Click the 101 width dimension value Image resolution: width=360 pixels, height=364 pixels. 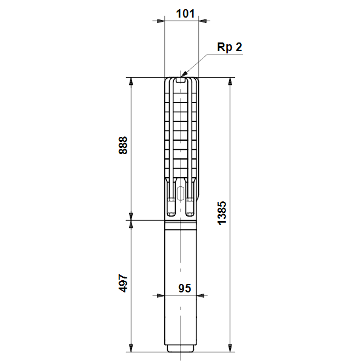(x=185, y=14)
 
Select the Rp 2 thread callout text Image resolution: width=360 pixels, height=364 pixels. (x=230, y=47)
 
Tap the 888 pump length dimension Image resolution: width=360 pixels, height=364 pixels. (x=123, y=146)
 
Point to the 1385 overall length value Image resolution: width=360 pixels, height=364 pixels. (x=222, y=213)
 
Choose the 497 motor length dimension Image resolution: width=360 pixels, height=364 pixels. (x=123, y=283)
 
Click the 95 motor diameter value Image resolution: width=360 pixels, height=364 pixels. (x=185, y=288)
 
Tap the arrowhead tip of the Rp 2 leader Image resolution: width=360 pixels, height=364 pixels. (x=181, y=77)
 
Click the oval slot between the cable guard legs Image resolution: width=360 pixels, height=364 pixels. (x=180, y=194)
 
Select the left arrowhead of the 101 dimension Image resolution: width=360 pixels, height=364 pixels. (x=161, y=21)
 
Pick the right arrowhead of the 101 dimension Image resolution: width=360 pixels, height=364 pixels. (x=202, y=21)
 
